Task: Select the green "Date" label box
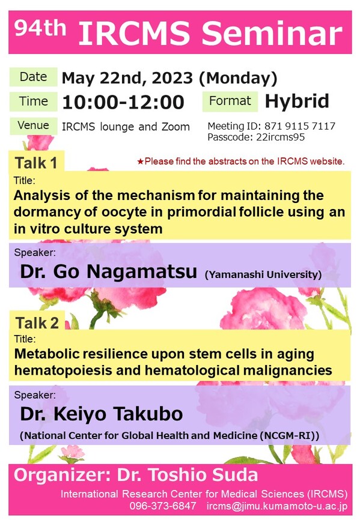33,77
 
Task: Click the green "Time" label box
33,101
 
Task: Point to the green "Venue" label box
33,126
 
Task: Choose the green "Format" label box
230,101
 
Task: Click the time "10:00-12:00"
123,102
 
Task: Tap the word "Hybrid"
297,101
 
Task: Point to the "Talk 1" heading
37,163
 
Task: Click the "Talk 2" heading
37,322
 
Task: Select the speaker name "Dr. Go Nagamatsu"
108,271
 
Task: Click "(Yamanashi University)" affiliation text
263,274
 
